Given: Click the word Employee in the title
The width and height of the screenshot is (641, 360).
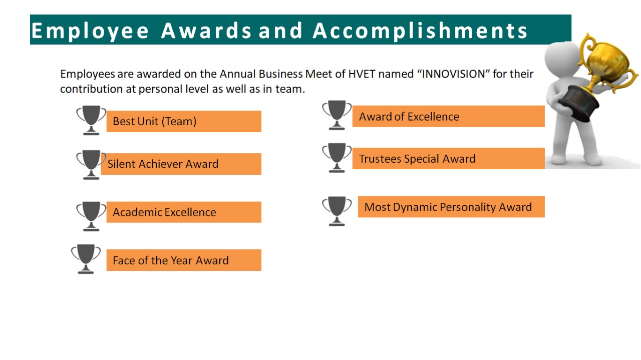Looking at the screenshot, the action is click(x=90, y=31).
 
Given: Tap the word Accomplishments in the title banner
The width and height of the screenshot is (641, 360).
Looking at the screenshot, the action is click(x=420, y=31).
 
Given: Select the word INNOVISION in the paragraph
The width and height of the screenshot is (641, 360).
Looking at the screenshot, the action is click(x=453, y=74).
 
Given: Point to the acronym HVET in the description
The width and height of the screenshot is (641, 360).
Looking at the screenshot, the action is click(x=362, y=74).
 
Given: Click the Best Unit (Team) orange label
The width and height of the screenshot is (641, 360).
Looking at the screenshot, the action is click(x=184, y=121).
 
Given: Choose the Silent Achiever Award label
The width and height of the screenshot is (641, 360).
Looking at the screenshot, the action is click(x=181, y=164).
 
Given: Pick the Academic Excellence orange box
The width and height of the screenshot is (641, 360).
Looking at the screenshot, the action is click(x=184, y=212).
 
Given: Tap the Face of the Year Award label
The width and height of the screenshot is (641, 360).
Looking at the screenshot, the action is click(x=184, y=260).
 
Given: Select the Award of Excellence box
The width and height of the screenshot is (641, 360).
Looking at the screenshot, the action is click(x=448, y=116).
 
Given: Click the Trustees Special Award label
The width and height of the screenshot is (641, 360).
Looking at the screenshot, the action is click(x=448, y=159).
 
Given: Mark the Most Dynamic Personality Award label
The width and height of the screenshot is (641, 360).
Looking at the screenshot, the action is click(x=451, y=207).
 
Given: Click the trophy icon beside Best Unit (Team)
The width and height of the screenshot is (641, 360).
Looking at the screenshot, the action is click(x=91, y=120).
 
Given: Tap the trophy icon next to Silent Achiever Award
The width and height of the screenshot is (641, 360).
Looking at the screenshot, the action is click(x=91, y=165).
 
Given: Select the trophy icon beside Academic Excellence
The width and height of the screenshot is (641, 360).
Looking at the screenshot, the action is click(x=91, y=216).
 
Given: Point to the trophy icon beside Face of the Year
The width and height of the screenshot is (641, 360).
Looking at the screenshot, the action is click(x=86, y=259).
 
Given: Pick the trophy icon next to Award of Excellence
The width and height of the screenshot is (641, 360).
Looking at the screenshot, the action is click(x=337, y=115).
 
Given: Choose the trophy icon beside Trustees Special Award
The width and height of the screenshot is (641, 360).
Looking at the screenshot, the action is click(x=337, y=158).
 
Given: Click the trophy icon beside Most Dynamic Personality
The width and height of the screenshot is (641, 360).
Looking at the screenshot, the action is click(x=337, y=211).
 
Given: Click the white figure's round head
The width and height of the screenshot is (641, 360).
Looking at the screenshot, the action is click(x=562, y=59).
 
